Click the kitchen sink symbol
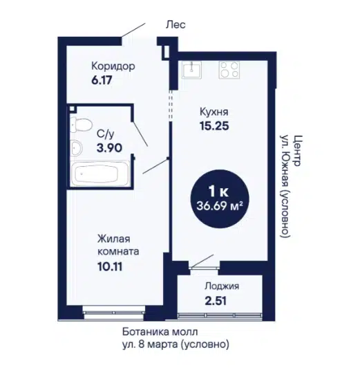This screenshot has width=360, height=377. (x=191, y=70)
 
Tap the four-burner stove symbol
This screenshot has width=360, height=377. (x=229, y=70)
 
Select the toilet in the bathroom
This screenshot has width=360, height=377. (x=81, y=125)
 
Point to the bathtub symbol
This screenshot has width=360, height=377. (x=100, y=174)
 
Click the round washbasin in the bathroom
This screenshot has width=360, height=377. (x=77, y=147)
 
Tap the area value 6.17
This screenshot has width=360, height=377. (x=102, y=80)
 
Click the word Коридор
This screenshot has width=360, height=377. (x=113, y=66)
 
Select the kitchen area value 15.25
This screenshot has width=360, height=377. (x=214, y=126)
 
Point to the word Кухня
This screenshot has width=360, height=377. (x=214, y=112)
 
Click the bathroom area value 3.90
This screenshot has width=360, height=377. (x=109, y=148)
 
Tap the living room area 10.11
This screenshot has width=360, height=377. (x=110, y=266)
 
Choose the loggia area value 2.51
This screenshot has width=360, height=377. (x=216, y=301)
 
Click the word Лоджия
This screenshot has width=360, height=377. (x=222, y=286)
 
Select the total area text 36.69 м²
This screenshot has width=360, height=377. (x=220, y=206)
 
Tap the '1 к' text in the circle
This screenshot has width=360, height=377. (x=218, y=192)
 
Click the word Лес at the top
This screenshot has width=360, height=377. (x=176, y=25)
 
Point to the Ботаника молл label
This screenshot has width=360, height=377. (x=160, y=332)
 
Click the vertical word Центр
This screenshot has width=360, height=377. (x=297, y=151)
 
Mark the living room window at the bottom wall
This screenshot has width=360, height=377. (x=114, y=313)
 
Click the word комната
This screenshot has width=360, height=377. (x=118, y=252)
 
